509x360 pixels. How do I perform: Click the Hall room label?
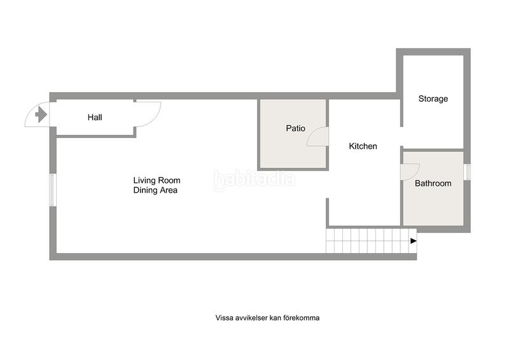click(x=95, y=117)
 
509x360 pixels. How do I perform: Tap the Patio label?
click(x=295, y=128)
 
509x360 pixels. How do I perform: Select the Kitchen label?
click(x=363, y=146)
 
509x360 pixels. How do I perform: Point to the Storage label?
click(x=433, y=99)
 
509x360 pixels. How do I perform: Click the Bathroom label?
click(x=433, y=183)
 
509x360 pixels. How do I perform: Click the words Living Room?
click(x=157, y=180)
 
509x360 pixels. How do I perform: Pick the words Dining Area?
click(x=155, y=190)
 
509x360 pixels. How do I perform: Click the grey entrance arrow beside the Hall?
click(x=41, y=114)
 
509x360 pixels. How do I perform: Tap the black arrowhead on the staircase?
click(x=413, y=241)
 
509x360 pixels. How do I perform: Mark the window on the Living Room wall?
click(x=53, y=190)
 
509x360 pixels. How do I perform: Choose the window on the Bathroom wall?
click(x=467, y=172)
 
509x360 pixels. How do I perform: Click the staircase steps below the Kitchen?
click(x=372, y=241)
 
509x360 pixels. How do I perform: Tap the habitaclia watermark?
click(x=254, y=179)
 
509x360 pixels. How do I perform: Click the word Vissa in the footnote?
click(x=225, y=318)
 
